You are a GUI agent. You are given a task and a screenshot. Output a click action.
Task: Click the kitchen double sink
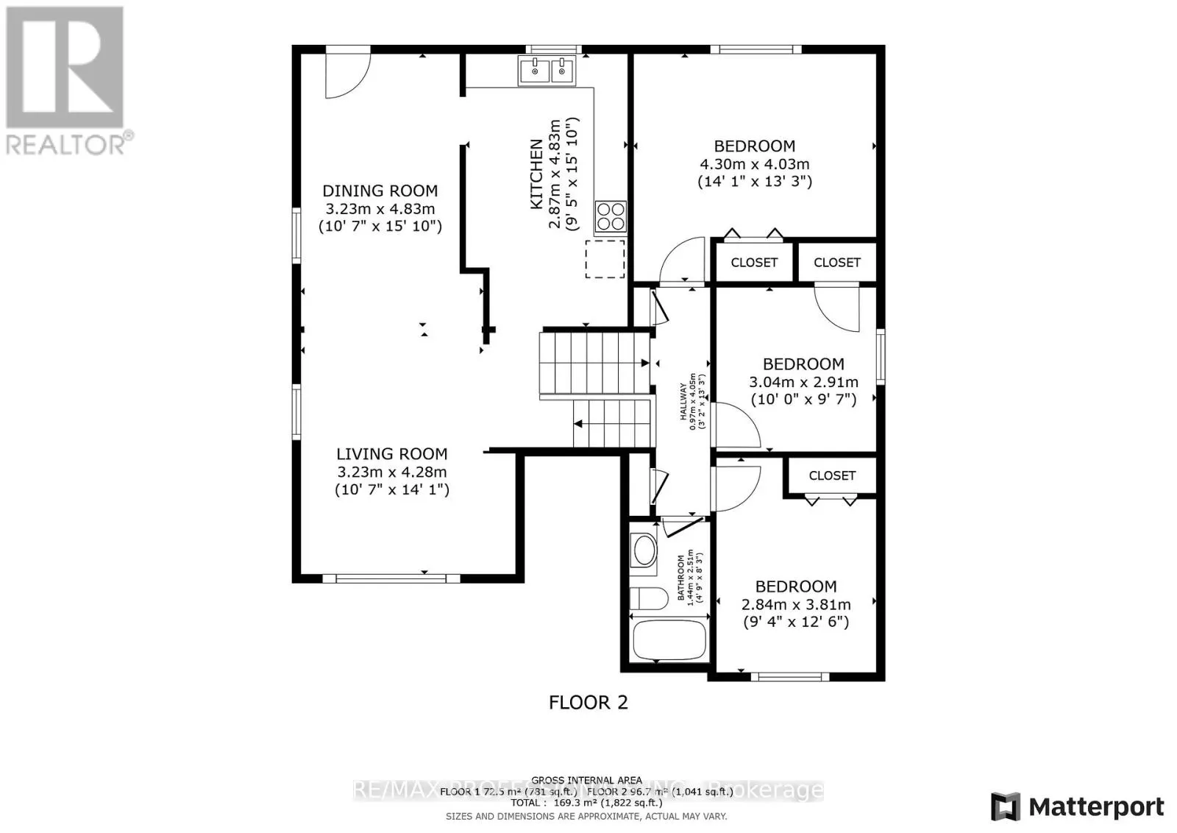(547, 72)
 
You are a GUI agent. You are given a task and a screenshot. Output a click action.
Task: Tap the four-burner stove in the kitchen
(610, 217)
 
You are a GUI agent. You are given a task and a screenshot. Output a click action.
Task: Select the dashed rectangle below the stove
(605, 259)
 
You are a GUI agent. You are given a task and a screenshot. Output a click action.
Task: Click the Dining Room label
(380, 191)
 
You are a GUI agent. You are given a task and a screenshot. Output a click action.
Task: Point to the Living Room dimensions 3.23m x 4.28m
(391, 472)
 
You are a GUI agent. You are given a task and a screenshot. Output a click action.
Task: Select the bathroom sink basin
(645, 551)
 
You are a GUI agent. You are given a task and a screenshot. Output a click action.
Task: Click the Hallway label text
(683, 401)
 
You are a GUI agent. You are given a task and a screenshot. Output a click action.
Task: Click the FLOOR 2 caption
(588, 703)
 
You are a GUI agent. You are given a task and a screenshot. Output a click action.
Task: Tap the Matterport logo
(1078, 807)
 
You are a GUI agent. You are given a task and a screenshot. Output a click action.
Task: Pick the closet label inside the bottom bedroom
(832, 476)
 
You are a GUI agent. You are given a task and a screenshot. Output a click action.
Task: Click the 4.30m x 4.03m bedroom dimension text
(754, 164)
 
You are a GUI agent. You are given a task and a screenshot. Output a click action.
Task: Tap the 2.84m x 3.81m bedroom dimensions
(796, 605)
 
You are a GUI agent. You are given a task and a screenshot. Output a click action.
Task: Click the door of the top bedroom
(683, 261)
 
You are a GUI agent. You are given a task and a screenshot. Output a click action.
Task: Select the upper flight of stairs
(594, 364)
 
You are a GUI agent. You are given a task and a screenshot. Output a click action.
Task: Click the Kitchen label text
(537, 174)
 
